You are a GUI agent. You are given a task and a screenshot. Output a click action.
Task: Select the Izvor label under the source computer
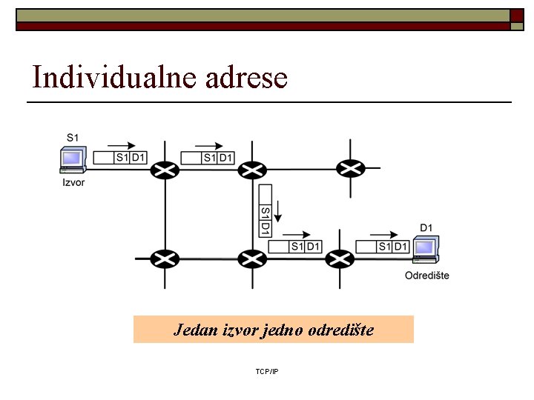tap(73, 182)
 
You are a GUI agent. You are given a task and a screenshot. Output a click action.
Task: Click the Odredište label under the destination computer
tap(426, 276)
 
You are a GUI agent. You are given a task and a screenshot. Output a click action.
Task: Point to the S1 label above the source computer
tap(73, 137)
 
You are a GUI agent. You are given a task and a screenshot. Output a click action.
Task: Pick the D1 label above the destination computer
tap(426, 227)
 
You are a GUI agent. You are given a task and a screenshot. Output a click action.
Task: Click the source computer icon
tap(73, 161)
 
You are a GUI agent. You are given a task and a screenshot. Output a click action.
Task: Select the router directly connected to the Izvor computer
tap(165, 170)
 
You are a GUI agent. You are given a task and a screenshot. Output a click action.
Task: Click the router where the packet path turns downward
tap(252, 170)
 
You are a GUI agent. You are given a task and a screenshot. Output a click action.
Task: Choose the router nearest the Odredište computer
tap(340, 259)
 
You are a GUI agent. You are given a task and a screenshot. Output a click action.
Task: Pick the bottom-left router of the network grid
tap(164, 259)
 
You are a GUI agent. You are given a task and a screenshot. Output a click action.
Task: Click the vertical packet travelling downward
tap(265, 210)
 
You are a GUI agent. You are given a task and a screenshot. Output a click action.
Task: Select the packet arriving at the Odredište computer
tap(382, 246)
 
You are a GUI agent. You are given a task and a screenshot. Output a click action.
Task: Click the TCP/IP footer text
tap(266, 370)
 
